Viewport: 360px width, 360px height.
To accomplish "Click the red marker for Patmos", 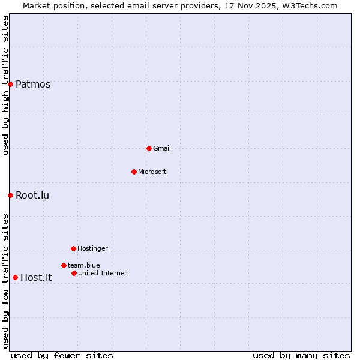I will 10,84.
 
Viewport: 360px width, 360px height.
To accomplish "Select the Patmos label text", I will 33,84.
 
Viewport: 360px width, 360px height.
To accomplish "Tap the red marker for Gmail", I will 149,148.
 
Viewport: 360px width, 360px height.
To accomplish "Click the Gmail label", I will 162,148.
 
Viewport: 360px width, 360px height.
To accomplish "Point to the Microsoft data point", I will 134,172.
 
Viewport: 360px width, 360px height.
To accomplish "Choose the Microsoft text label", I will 152,172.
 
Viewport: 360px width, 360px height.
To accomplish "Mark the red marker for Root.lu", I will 10,195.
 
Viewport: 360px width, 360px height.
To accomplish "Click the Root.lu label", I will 32,195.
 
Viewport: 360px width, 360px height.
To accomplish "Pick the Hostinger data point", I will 73,248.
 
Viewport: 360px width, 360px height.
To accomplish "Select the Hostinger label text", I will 92,248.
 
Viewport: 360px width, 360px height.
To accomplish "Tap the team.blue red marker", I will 64,265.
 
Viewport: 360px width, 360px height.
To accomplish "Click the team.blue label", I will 83,265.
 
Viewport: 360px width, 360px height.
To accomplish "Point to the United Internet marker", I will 74,273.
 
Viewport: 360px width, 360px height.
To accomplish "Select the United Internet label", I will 102,273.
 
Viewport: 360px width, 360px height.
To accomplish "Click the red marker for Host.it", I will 15,277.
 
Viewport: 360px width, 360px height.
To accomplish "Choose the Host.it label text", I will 36,277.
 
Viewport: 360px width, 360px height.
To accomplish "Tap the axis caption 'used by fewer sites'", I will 62,355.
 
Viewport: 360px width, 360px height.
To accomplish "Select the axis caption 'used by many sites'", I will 301,355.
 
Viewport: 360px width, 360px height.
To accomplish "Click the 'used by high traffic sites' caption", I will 6,85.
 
